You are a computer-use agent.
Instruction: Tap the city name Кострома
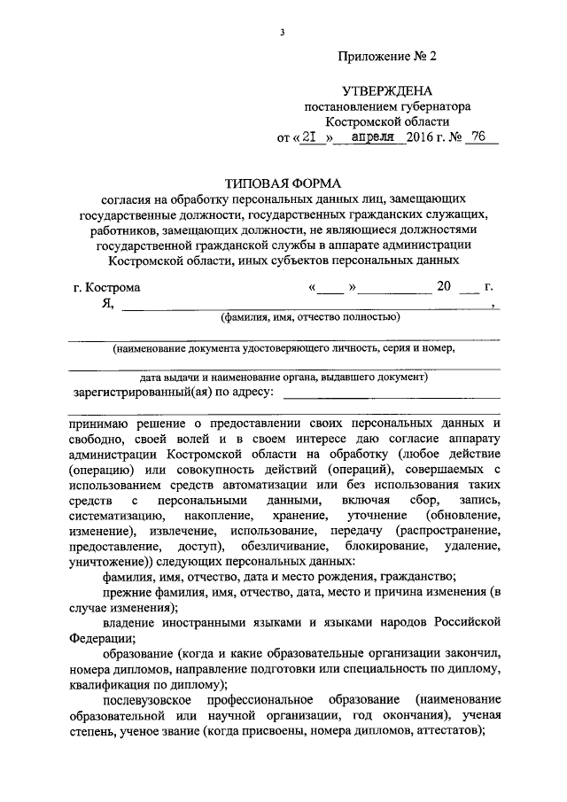tap(114, 287)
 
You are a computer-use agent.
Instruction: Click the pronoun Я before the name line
tap(108, 303)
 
